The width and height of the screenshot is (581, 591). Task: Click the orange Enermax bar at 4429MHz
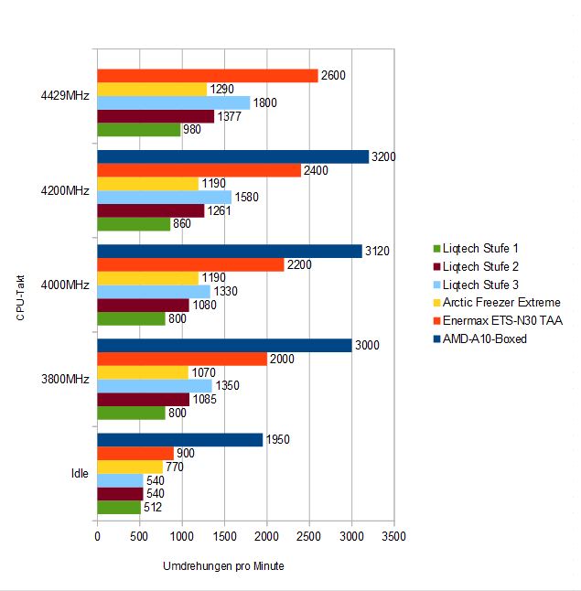(x=208, y=76)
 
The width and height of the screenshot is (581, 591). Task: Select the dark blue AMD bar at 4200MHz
(x=233, y=156)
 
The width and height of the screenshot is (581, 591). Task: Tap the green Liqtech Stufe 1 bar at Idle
(x=119, y=508)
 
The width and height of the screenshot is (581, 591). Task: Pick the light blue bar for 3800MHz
(x=155, y=386)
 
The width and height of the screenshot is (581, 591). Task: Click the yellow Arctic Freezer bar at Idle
(x=130, y=467)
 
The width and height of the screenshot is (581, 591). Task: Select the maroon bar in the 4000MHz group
(x=144, y=306)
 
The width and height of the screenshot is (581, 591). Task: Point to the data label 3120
(x=377, y=251)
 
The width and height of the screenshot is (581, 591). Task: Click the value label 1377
(x=230, y=116)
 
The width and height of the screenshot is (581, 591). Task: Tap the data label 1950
(x=278, y=439)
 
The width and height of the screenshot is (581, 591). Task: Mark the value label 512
(x=153, y=508)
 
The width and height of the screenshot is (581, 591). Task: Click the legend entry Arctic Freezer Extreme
(x=497, y=302)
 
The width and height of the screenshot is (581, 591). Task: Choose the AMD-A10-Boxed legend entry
(x=480, y=338)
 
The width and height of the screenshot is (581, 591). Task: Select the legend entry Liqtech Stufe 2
(x=476, y=266)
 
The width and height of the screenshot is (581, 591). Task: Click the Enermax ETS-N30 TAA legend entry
(x=498, y=321)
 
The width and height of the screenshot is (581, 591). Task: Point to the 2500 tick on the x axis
(x=308, y=536)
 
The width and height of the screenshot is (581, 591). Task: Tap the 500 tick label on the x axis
(x=139, y=536)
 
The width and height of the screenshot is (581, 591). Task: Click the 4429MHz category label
(x=65, y=96)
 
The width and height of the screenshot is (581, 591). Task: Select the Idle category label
(x=80, y=473)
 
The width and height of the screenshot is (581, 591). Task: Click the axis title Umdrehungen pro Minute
(x=223, y=566)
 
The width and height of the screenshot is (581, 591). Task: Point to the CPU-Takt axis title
(x=20, y=297)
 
